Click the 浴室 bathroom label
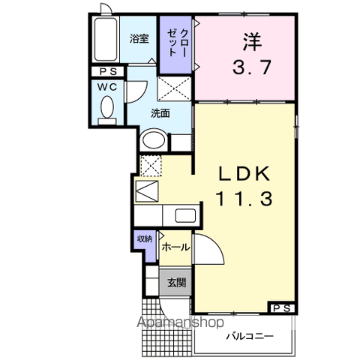tap(139, 39)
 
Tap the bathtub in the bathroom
tap(106, 39)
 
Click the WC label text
tap(107, 87)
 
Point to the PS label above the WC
tap(109, 72)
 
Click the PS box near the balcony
tap(283, 308)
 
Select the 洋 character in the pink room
tap(252, 42)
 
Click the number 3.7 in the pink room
tap(252, 67)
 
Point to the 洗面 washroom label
tap(160, 113)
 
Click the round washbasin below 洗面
tap(154, 140)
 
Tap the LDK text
tap(244, 174)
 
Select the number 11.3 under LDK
tap(244, 198)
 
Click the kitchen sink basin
tap(185, 216)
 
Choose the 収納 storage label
tap(145, 239)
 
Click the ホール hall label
tap(175, 247)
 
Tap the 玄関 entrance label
tap(176, 283)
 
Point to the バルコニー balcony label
tap(250, 336)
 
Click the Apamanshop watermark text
tap(180, 322)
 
